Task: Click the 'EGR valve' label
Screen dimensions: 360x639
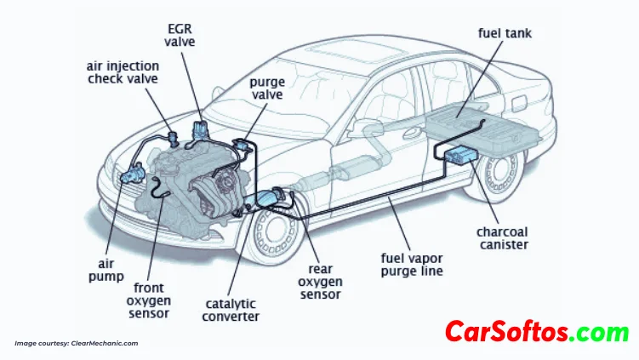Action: pyautogui.click(x=180, y=37)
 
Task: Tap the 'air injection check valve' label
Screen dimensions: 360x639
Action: pyautogui.click(x=123, y=72)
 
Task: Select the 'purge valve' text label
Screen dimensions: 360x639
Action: pyautogui.click(x=266, y=89)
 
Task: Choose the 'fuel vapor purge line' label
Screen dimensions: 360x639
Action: pyautogui.click(x=414, y=264)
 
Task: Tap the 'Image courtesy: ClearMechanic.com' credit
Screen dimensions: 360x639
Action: pyautogui.click(x=76, y=343)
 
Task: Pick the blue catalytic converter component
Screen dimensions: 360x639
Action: pyautogui.click(x=266, y=200)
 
